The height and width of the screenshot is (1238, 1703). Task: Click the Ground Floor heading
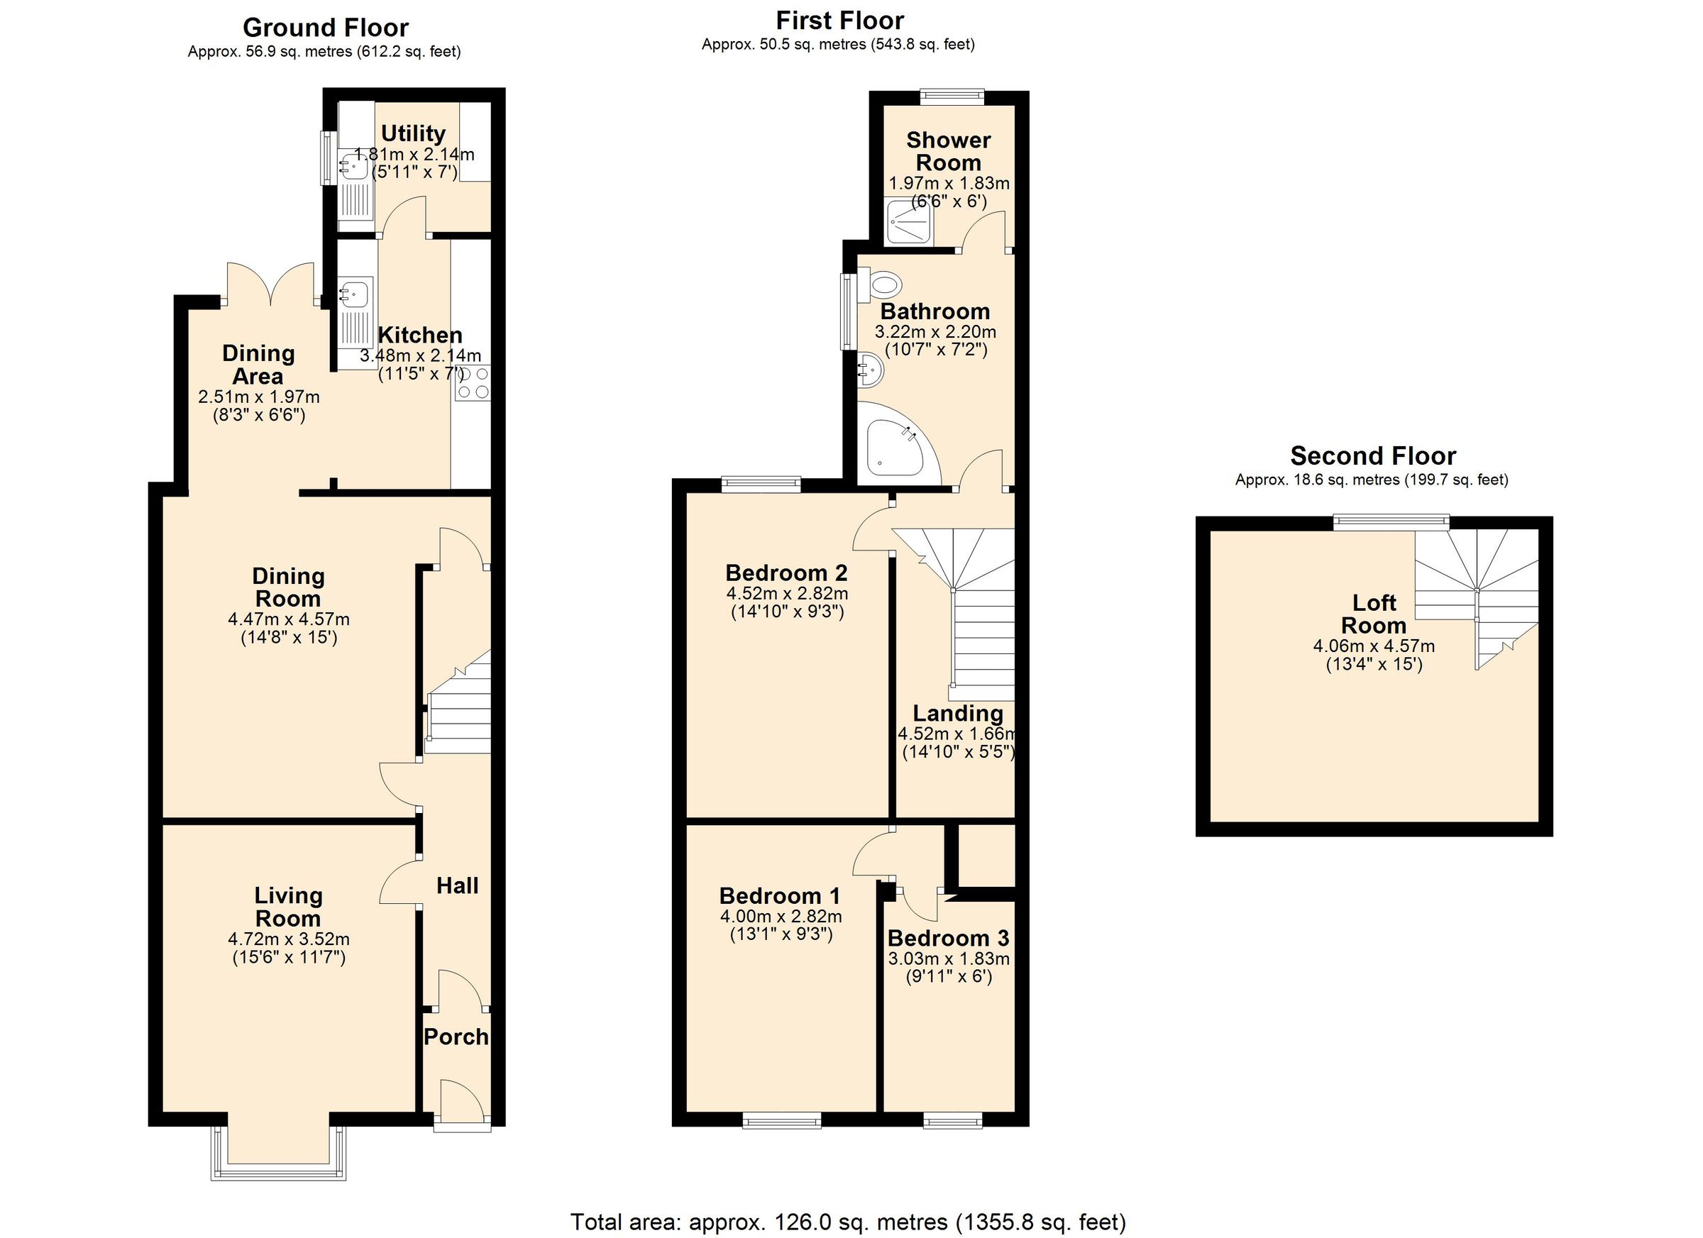(325, 28)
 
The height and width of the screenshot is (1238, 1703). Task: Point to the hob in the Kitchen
(473, 383)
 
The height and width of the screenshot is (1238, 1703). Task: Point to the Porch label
(456, 1037)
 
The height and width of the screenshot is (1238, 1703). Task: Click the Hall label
(457, 886)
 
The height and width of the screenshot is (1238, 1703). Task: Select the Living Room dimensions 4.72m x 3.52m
(288, 939)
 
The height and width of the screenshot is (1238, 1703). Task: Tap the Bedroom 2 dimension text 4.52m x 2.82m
(787, 594)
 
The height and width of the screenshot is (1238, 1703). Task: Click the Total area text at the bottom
(848, 1222)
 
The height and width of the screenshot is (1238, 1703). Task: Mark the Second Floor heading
(1372, 455)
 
